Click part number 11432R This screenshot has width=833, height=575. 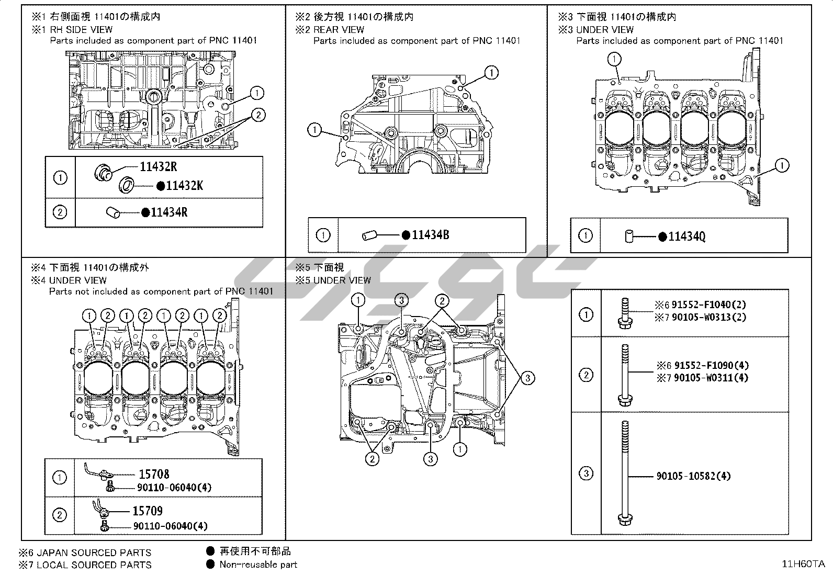tap(158, 167)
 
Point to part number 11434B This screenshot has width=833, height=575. tap(430, 235)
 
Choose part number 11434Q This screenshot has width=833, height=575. tap(687, 236)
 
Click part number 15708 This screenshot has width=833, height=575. tap(154, 475)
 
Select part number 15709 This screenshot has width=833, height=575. tap(148, 511)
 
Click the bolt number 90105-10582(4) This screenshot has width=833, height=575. tap(693, 476)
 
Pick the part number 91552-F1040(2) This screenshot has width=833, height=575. tap(709, 305)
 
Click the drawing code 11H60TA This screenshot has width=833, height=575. tap(803, 564)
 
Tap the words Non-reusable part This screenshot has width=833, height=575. tap(258, 565)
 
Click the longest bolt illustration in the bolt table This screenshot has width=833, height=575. tap(624, 473)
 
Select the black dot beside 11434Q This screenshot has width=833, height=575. tap(662, 237)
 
